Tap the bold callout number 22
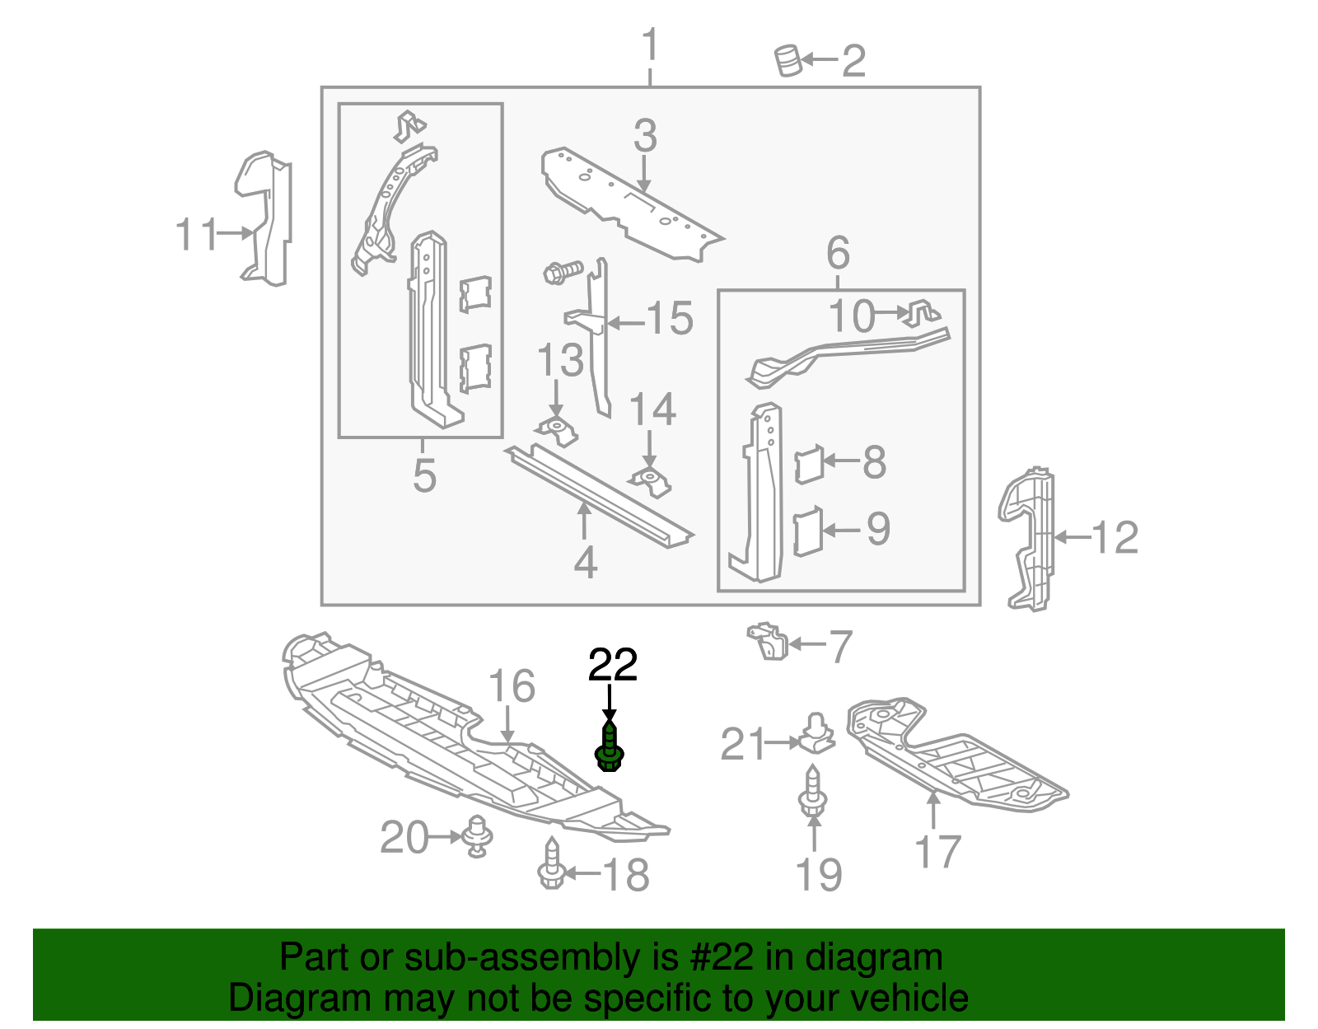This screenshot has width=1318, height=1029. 613,666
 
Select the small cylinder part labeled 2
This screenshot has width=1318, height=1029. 788,61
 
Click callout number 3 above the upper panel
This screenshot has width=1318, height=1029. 645,136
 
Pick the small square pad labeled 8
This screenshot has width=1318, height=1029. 809,463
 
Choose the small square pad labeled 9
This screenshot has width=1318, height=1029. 808,531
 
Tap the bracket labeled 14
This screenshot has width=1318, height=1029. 651,481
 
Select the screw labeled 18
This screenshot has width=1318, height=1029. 550,866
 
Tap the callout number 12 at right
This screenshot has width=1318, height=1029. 1115,538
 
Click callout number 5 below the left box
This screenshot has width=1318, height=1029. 424,476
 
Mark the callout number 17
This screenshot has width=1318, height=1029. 937,851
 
